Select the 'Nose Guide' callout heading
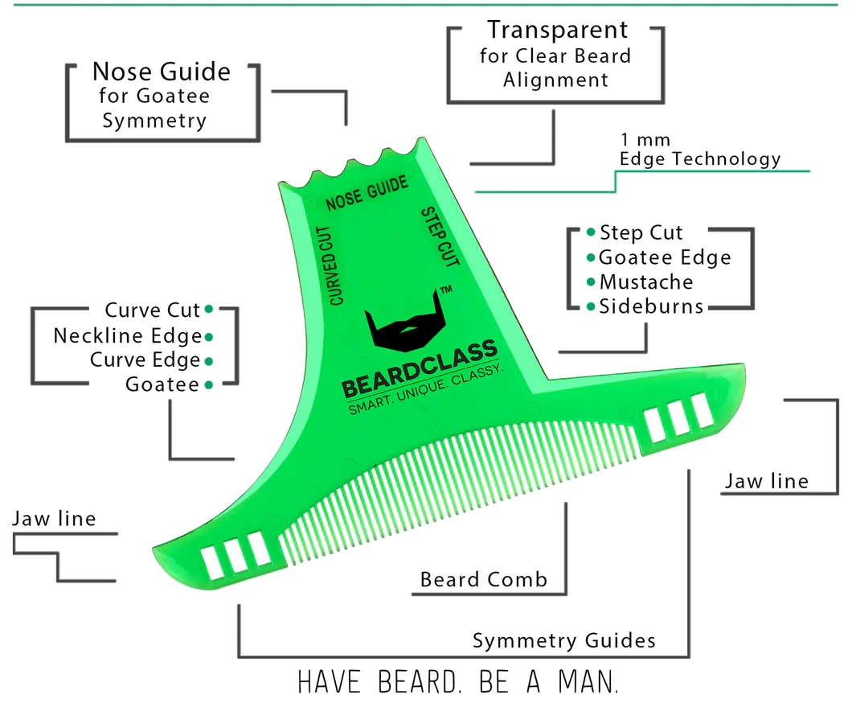coord(161,72)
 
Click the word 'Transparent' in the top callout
coord(556,31)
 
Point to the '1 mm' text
coord(645,140)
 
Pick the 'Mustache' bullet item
coord(645,282)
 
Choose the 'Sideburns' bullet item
coord(650,306)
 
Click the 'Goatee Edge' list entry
coord(665,257)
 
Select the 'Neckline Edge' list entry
coord(127,335)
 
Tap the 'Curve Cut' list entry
coord(152,310)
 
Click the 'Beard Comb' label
coord(483,579)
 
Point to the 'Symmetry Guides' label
coord(563,641)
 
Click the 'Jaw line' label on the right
coord(766,481)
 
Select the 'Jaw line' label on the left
coord(54,519)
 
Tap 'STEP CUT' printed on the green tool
coord(440,238)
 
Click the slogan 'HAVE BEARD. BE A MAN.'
coord(459,682)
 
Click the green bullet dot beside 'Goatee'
coord(208,385)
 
